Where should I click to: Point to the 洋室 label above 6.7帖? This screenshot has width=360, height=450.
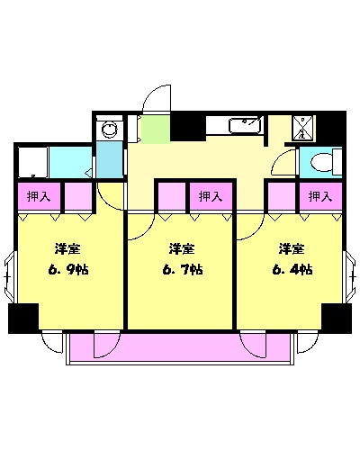coord(181,248)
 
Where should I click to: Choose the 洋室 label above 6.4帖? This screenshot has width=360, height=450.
coord(291,248)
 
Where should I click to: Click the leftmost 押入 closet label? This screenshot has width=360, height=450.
coord(39,195)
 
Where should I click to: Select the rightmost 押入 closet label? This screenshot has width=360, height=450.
coord(320,195)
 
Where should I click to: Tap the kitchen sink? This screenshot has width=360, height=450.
coord(245,125)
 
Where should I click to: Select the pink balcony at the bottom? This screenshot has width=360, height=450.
coord(179,346)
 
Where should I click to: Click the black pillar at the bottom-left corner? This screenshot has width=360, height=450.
coord(22,318)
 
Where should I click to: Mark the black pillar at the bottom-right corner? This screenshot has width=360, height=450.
coord(336,318)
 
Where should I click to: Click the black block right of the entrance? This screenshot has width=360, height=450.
coord(187,127)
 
